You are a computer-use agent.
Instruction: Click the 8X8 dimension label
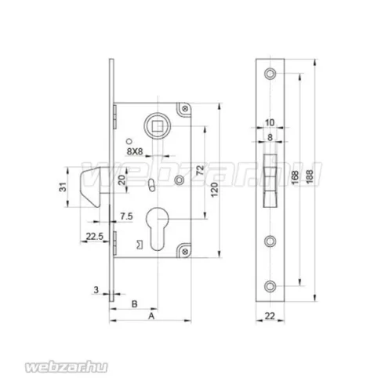coord(135,151)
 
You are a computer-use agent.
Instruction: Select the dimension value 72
coord(201,171)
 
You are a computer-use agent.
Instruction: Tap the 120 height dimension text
coord(214,190)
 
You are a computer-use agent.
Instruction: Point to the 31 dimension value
coord(64,187)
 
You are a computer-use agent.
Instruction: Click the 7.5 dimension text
coord(126,216)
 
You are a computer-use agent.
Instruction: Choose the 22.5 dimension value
coord(95,237)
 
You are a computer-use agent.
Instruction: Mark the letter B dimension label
coord(134,304)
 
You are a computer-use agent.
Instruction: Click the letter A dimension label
coord(151,316)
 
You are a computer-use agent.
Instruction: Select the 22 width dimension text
coord(270,316)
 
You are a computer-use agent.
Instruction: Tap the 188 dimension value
coord(309,177)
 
